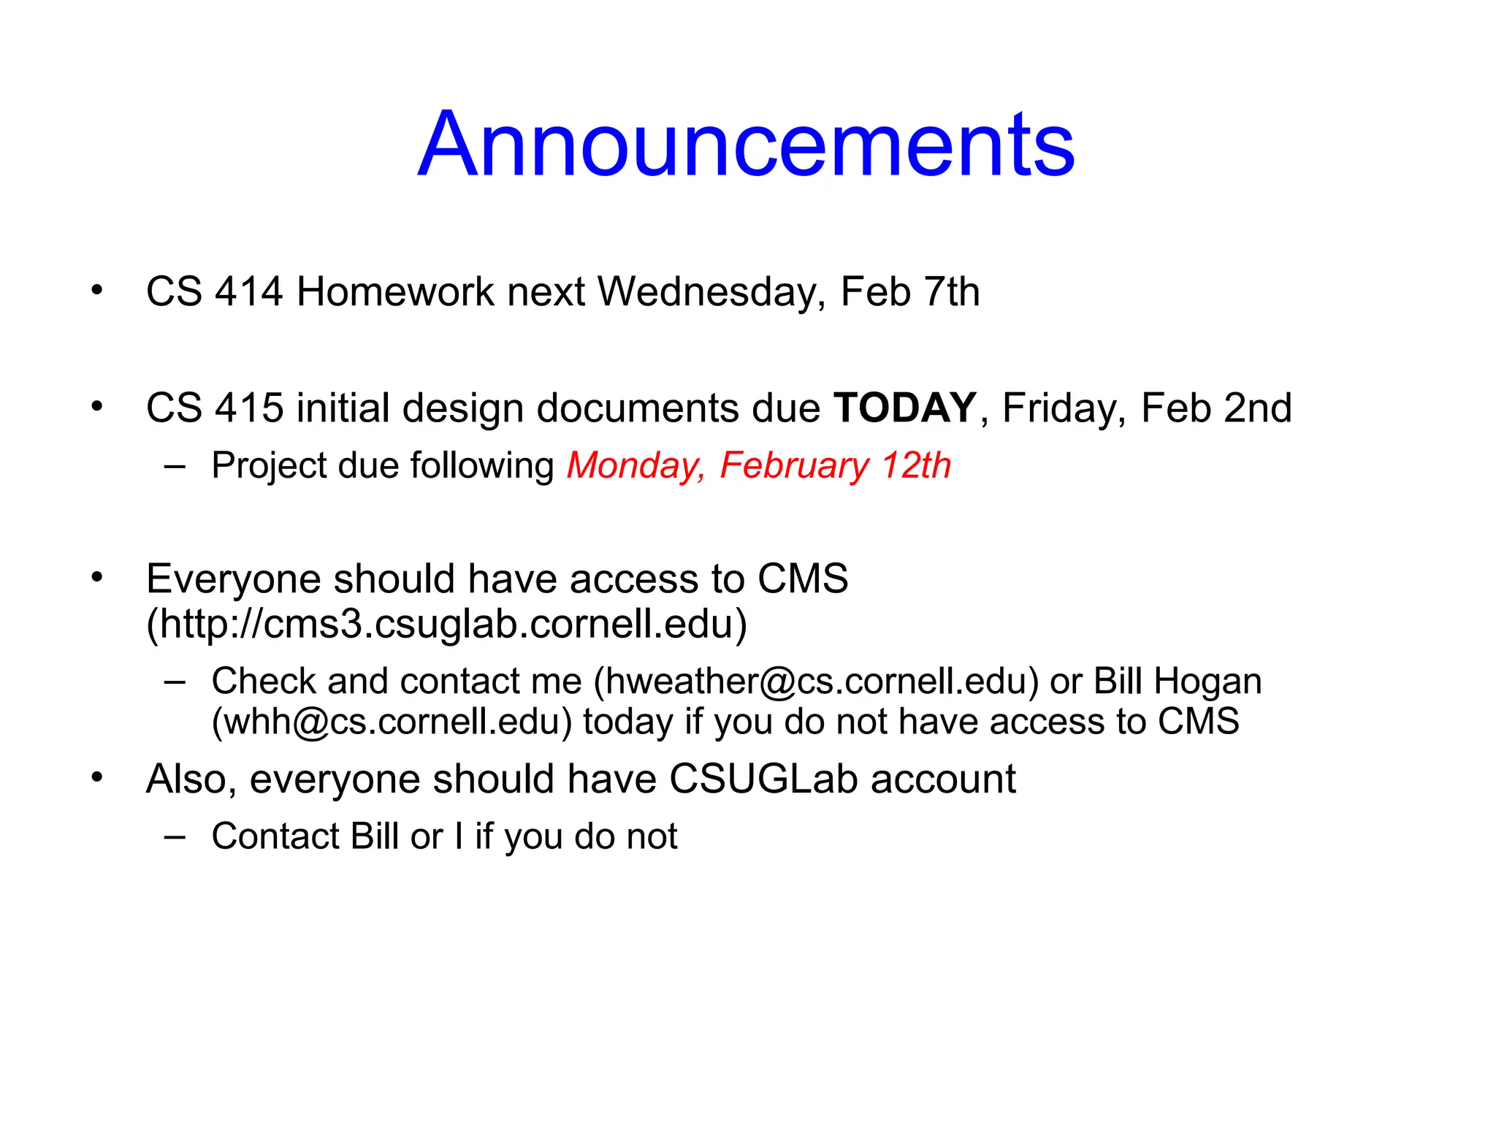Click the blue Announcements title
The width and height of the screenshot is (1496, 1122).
click(746, 144)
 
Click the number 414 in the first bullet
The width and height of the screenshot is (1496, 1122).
click(248, 292)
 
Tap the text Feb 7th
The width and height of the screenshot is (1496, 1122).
click(909, 292)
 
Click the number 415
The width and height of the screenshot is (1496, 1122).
click(248, 408)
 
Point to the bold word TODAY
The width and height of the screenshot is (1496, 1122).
click(905, 408)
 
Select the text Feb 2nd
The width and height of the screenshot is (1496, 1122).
click(1216, 408)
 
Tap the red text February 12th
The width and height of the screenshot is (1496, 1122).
click(835, 466)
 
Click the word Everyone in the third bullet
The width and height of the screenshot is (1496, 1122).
click(234, 579)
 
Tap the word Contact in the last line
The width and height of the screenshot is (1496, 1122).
click(275, 836)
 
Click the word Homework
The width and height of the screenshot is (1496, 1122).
click(395, 292)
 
